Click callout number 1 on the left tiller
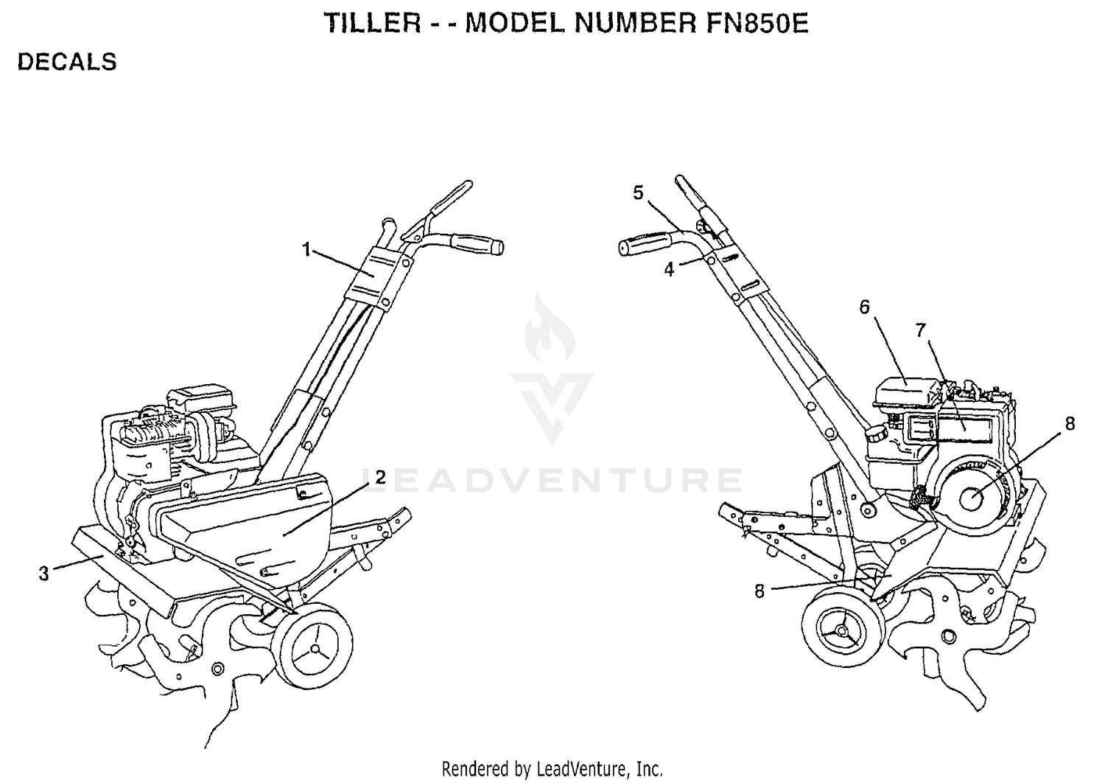point(306,250)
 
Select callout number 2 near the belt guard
point(380,478)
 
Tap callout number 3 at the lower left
point(44,574)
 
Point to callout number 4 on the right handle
point(669,270)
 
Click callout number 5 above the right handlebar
point(639,193)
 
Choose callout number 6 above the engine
point(864,307)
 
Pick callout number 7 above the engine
point(921,330)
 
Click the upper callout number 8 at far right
point(1070,424)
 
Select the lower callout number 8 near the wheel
point(760,591)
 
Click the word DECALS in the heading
point(67,62)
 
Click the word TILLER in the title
point(373,23)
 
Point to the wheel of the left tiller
point(312,646)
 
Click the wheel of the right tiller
point(843,630)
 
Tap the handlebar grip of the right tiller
point(645,243)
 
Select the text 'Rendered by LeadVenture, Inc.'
point(552,769)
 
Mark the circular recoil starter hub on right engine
point(971,499)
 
